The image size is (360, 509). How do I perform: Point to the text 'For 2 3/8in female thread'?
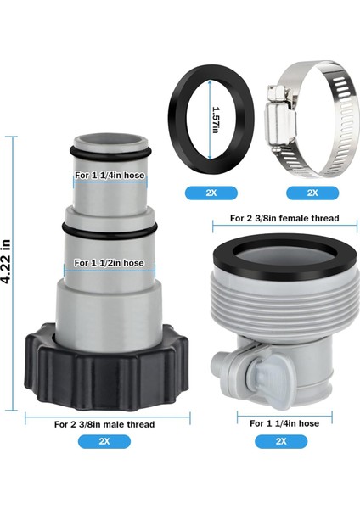(x=284, y=218)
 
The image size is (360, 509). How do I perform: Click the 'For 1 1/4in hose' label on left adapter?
(x=106, y=176)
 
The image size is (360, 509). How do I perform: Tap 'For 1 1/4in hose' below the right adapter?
(x=284, y=422)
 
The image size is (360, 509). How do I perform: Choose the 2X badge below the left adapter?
(x=105, y=441)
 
